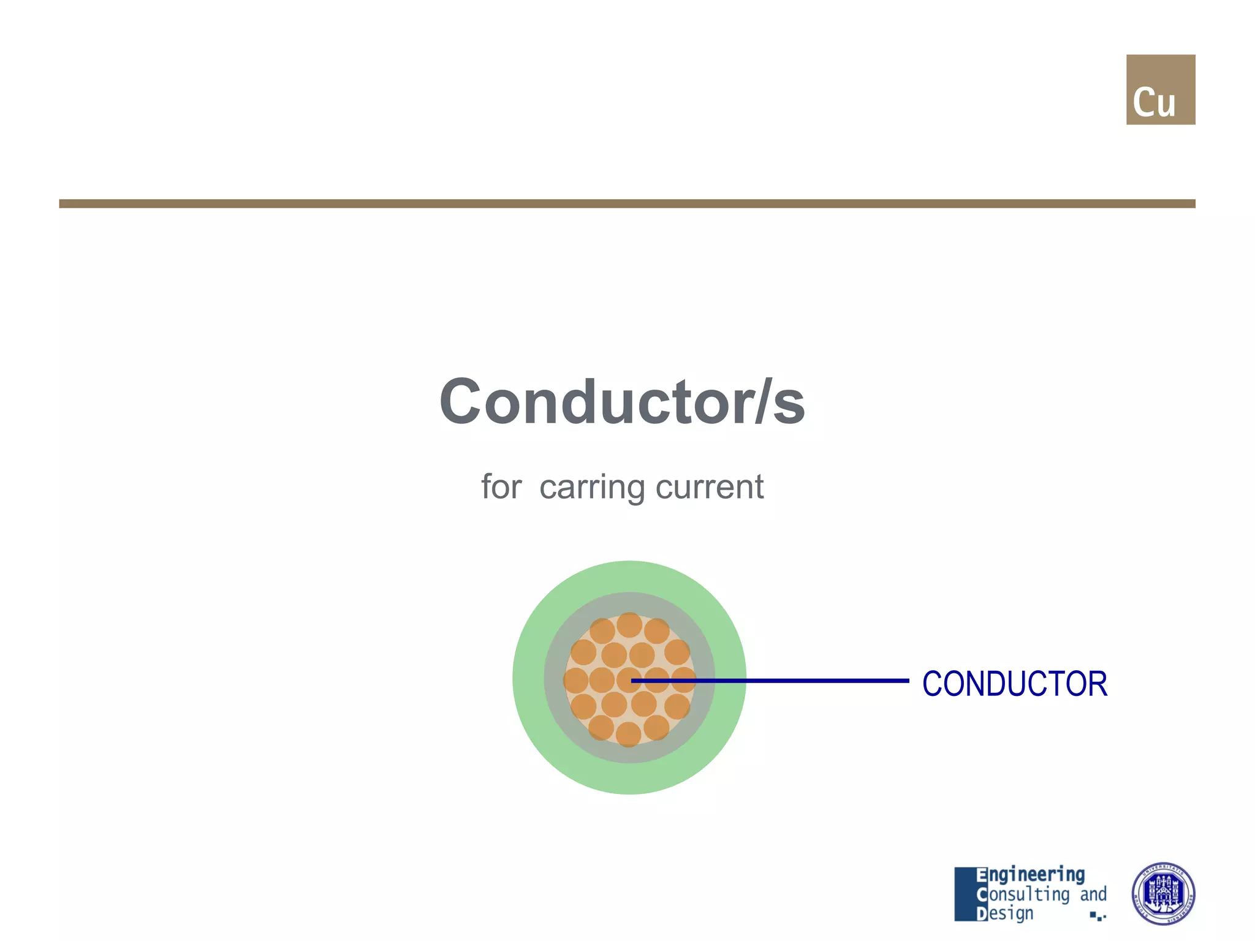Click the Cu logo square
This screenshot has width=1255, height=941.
tap(1160, 89)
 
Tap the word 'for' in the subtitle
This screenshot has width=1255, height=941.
tap(501, 487)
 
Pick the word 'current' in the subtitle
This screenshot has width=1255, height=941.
tap(709, 487)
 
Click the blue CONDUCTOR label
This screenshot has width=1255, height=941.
tap(1014, 684)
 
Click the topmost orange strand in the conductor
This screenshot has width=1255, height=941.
tap(629, 625)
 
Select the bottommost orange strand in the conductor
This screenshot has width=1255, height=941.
tap(628, 734)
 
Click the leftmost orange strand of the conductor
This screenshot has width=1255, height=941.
tap(576, 681)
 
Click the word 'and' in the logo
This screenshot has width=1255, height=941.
tap(1093, 894)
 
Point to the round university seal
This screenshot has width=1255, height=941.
tap(1162, 893)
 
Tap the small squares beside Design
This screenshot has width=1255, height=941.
tap(1098, 916)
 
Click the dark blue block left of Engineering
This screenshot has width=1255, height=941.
tap(965, 894)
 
